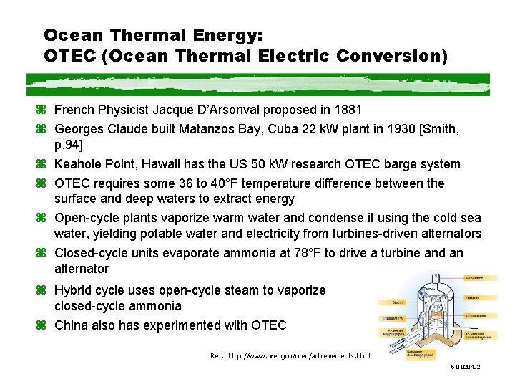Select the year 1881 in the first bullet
[347, 110]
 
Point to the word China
[72, 325]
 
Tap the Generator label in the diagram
[474, 278]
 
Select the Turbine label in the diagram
[473, 297]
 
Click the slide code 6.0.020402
[465, 368]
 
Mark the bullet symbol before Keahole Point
[45, 164]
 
